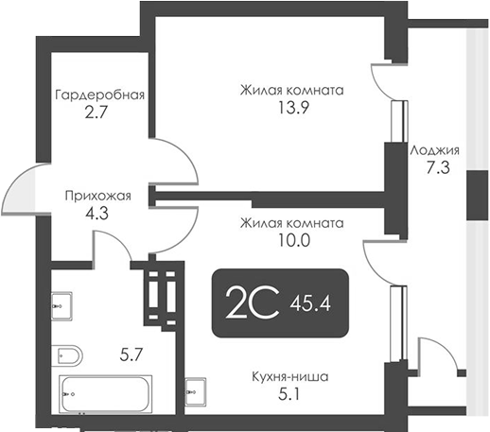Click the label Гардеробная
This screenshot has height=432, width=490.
click(99, 95)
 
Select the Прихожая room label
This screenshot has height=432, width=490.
click(97, 197)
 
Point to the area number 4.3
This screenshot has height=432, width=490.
click(97, 214)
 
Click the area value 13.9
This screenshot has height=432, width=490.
click(290, 109)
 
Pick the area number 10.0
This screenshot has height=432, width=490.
click(290, 240)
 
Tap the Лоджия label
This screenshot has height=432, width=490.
click(435, 149)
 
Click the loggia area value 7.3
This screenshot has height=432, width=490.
click(435, 166)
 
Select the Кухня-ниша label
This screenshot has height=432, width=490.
click(291, 376)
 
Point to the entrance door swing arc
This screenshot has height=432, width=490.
click(21, 194)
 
